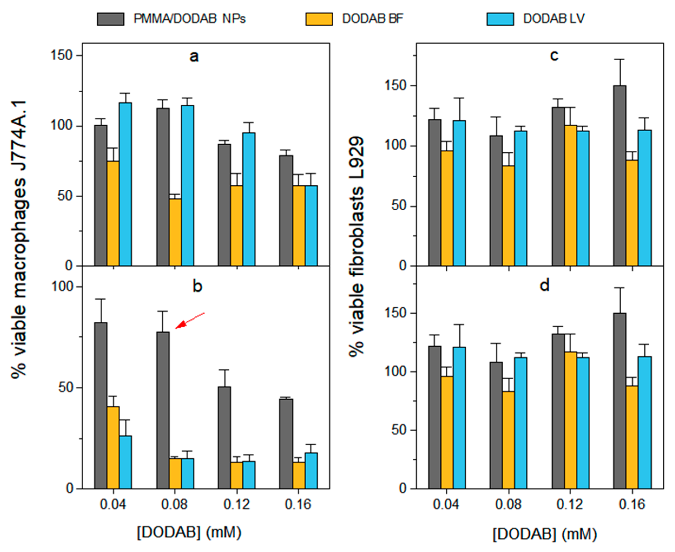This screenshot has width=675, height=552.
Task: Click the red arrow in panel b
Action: pyautogui.click(x=190, y=320)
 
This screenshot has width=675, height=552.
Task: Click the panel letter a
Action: pyautogui.click(x=194, y=57)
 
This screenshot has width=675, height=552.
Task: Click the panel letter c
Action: pyautogui.click(x=554, y=56)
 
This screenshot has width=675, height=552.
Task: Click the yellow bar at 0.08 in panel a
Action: pyautogui.click(x=175, y=232)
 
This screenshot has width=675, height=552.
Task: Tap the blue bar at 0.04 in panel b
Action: pyautogui.click(x=125, y=462)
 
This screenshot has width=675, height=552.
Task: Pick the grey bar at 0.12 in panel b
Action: pyautogui.click(x=225, y=438)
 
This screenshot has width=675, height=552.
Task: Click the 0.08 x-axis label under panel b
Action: pyautogui.click(x=174, y=504)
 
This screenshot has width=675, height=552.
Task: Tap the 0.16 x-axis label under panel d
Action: pyautogui.click(x=632, y=504)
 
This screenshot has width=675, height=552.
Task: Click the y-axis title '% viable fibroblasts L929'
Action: pyautogui.click(x=356, y=247)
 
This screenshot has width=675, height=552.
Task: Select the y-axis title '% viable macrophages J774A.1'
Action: pyautogui.click(x=19, y=240)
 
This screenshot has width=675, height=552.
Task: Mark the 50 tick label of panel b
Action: pyautogui.click(x=66, y=388)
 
